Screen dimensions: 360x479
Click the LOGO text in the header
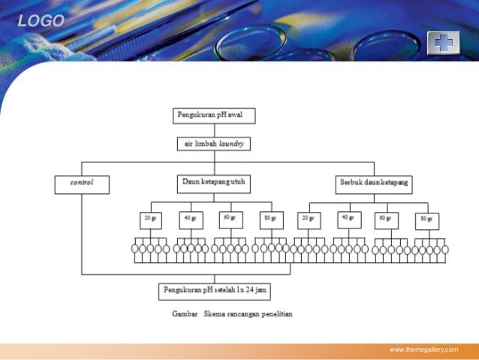(x=41, y=21)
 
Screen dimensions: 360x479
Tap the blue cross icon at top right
(x=443, y=43)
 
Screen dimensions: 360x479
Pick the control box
(x=82, y=183)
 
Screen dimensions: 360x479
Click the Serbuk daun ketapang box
(x=373, y=183)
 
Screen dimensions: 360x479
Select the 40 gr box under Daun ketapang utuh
(x=189, y=219)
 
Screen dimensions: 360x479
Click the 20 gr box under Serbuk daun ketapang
(x=307, y=219)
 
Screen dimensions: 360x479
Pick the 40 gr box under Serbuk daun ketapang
(x=347, y=219)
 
